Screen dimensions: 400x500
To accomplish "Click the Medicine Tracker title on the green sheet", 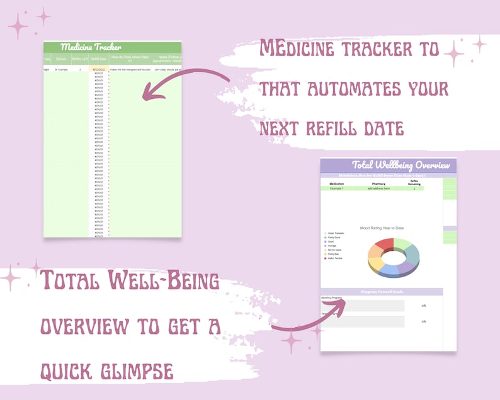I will [x=91, y=47].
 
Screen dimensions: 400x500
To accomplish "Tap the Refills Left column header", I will [x=80, y=59].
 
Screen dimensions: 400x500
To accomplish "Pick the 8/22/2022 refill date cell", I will [x=99, y=69].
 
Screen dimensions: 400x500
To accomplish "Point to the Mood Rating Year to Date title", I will [x=382, y=227].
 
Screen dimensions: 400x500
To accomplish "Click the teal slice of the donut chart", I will [x=412, y=254].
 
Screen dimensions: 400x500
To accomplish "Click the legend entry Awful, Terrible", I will [x=335, y=258].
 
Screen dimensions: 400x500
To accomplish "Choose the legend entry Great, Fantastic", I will [x=336, y=233].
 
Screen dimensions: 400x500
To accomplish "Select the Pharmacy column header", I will [x=378, y=184].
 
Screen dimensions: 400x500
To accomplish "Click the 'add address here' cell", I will [x=378, y=188].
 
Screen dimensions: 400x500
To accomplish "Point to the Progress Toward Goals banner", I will [x=382, y=292].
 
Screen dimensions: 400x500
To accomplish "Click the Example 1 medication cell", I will [x=336, y=188].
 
